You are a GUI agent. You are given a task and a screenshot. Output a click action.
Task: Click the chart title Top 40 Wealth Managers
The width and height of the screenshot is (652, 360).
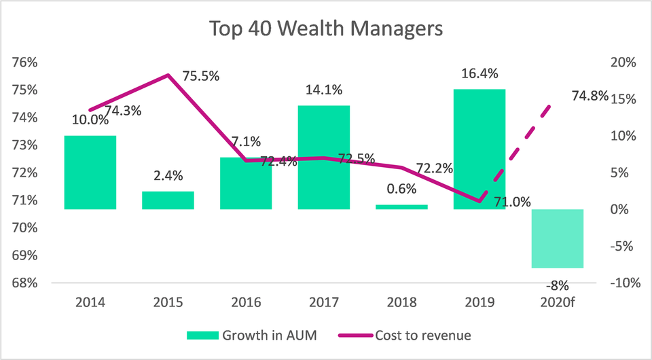click(326, 29)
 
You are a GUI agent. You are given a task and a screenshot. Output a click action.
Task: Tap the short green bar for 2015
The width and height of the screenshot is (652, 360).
click(168, 200)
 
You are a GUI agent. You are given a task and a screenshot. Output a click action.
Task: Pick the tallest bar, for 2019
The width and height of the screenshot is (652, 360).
click(479, 149)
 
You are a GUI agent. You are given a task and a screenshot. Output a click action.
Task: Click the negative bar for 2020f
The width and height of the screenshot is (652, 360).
click(558, 238)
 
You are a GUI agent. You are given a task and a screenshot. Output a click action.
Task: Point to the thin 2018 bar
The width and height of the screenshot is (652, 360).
click(402, 206)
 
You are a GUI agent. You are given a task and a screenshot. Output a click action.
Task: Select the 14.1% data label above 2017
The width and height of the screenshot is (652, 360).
click(324, 90)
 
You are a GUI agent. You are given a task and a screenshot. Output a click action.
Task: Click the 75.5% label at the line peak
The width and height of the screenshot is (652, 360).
click(201, 76)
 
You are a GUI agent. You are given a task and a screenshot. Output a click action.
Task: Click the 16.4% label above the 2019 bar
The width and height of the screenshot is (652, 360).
click(479, 73)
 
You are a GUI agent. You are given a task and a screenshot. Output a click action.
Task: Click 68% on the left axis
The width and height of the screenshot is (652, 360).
click(26, 283)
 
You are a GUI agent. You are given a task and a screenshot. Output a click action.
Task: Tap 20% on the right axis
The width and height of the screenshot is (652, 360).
click(622, 62)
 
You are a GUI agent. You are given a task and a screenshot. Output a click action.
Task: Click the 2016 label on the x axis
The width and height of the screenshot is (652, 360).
click(246, 302)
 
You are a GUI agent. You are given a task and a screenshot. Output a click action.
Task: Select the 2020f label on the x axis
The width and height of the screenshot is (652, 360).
click(558, 302)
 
